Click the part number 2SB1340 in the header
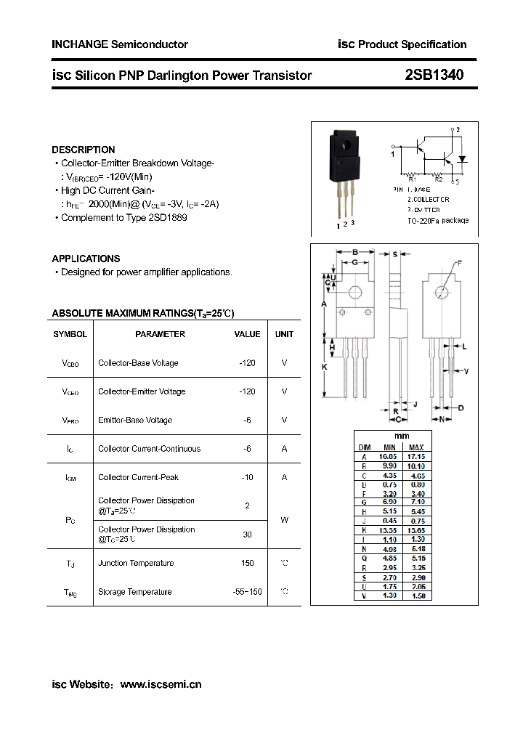434,75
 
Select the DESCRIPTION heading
84,150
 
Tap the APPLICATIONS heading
86,259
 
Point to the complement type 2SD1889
169,217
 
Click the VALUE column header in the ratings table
247,334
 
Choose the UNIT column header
284,334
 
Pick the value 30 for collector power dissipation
247,534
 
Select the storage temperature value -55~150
247,592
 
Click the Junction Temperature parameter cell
136,563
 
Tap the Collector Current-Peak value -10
247,477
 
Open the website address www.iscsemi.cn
161,684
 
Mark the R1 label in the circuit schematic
412,179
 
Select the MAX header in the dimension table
416,447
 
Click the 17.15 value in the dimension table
416,456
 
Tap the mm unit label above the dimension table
402,436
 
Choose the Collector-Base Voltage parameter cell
138,363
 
